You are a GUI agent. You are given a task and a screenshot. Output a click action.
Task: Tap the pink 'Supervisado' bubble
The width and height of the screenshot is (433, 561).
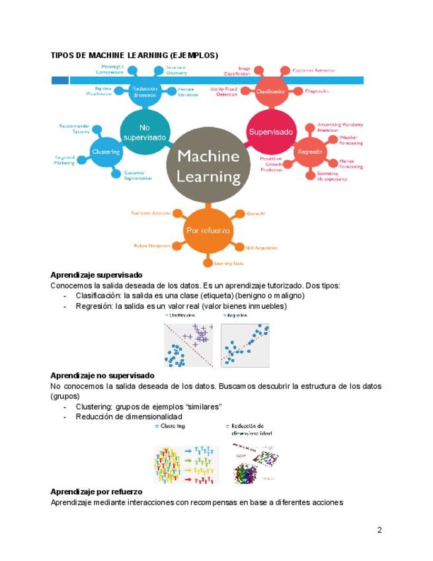270,132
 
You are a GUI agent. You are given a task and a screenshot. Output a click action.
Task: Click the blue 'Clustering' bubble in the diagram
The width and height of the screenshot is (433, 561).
106,151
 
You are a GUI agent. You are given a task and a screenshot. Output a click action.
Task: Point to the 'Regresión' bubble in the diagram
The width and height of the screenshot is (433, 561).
309,151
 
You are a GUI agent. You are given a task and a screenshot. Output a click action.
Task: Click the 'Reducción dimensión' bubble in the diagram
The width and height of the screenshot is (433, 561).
144,91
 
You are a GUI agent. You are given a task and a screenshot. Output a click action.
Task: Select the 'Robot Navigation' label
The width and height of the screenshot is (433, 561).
151,245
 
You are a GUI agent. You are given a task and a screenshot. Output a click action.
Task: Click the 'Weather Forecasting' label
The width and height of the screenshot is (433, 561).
350,140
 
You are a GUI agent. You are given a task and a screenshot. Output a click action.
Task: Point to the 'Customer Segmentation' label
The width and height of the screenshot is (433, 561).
138,175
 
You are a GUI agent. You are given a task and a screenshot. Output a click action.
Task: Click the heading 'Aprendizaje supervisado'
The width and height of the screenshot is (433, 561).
97,275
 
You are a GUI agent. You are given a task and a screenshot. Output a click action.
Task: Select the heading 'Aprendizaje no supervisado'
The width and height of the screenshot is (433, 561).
102,375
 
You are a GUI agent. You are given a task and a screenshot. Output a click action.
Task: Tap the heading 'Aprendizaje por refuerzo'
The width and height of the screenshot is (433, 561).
97,492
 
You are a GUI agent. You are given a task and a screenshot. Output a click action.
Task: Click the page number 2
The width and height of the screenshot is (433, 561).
379,530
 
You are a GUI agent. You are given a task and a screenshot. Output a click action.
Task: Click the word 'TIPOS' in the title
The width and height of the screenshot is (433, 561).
63,55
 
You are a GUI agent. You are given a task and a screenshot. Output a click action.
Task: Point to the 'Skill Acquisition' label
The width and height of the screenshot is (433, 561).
261,248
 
